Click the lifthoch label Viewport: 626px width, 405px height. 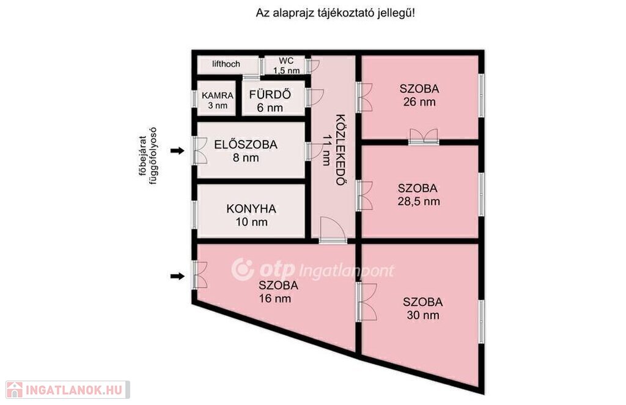click(226, 64)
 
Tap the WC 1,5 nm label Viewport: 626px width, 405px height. click(286, 65)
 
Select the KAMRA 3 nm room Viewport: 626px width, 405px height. click(218, 100)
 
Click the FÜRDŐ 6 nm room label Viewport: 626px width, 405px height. click(270, 101)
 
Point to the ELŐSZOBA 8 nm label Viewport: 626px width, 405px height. click(246, 150)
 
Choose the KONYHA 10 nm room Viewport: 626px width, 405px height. click(251, 215)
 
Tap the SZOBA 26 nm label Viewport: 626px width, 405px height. click(419, 95)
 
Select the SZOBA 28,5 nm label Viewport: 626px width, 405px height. click(418, 194)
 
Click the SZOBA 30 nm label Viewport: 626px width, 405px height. click(423, 308)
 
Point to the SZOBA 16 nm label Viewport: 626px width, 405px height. click(278, 291)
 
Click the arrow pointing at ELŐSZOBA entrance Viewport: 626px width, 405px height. click(178, 151)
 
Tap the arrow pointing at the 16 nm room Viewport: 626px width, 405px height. click(178, 276)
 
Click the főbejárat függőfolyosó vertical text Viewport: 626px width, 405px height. click(147, 156)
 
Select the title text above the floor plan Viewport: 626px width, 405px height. click(336, 13)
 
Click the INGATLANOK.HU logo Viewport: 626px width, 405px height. click(67, 390)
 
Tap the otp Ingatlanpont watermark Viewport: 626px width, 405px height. click(312, 269)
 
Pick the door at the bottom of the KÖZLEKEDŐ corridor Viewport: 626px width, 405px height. click(333, 230)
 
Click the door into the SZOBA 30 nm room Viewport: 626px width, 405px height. click(367, 302)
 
